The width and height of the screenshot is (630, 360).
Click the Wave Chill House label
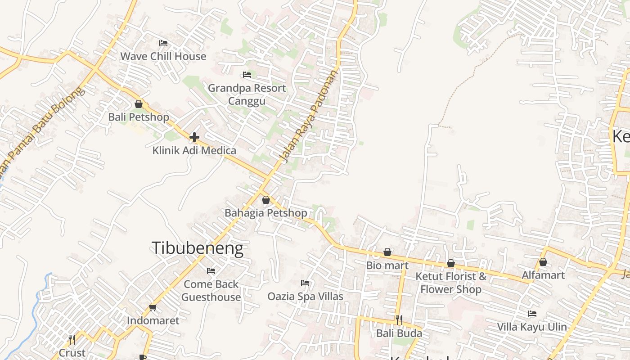pyautogui.click(x=163, y=56)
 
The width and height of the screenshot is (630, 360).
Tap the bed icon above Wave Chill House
pyautogui.click(x=163, y=43)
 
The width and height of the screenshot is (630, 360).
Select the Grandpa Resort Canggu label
pyautogui.click(x=247, y=94)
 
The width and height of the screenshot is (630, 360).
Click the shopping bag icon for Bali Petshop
pyautogui.click(x=139, y=104)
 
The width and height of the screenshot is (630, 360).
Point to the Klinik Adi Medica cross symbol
pyautogui.click(x=194, y=137)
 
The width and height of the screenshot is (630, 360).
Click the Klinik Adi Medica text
pyautogui.click(x=194, y=150)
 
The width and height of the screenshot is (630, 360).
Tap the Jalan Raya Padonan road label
pyautogui.click(x=308, y=116)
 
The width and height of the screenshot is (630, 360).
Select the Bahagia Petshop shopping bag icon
pyautogui.click(x=266, y=200)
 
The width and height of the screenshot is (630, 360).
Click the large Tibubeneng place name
pyautogui.click(x=197, y=248)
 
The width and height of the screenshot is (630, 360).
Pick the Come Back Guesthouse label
pyautogui.click(x=211, y=291)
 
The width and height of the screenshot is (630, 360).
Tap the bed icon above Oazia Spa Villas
pyautogui.click(x=305, y=283)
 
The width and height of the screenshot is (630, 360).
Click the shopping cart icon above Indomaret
pyautogui.click(x=153, y=308)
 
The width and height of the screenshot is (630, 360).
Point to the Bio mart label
pyautogui.click(x=387, y=265)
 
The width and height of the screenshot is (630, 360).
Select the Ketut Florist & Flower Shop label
pyautogui.click(x=451, y=283)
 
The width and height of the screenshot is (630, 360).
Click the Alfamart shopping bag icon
pyautogui.click(x=543, y=262)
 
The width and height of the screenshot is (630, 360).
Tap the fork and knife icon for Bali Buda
pyautogui.click(x=399, y=320)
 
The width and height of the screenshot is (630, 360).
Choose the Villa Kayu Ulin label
pyautogui.click(x=532, y=327)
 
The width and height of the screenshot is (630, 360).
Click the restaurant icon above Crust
pyautogui.click(x=72, y=339)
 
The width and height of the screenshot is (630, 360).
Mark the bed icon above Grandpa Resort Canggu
pyautogui.click(x=247, y=75)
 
